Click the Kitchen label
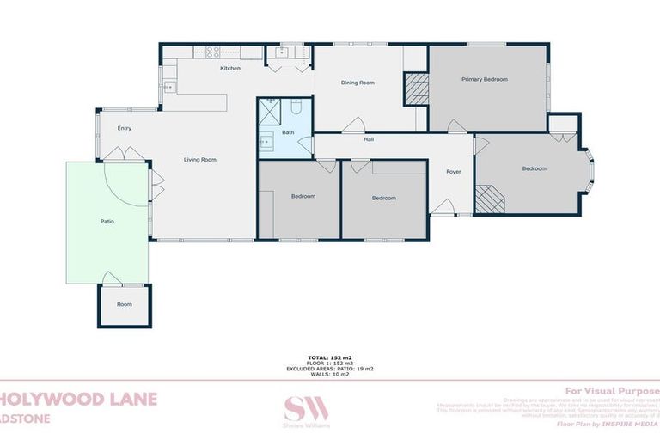[x=229, y=68]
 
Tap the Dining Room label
[x=357, y=82]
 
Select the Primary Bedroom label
[x=484, y=79]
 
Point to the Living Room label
[x=199, y=159]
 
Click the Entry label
[x=125, y=128]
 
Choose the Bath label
[x=287, y=132]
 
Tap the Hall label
[x=369, y=138]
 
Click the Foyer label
[x=453, y=172]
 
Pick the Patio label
[x=107, y=222]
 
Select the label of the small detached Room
[x=125, y=304]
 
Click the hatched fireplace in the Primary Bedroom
[x=416, y=89]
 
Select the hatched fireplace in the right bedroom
[x=492, y=199]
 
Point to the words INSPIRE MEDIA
[x=631, y=424]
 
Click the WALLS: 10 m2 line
[x=330, y=374]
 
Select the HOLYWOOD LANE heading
[x=78, y=399]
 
